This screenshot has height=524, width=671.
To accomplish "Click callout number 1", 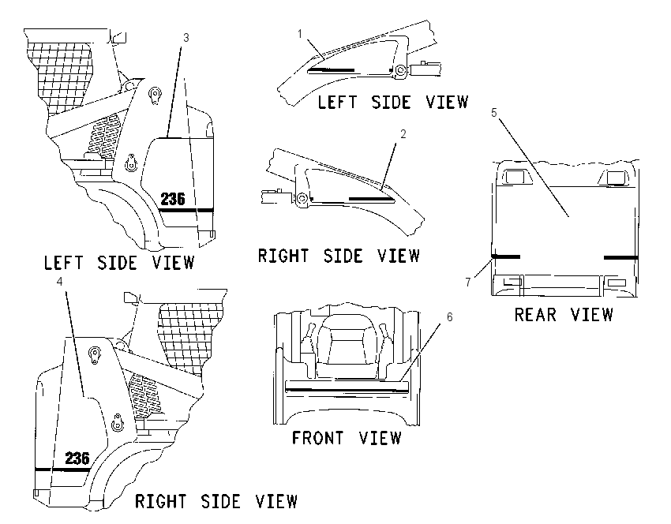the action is [x=300, y=33].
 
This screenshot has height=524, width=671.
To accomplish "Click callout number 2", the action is [x=403, y=134].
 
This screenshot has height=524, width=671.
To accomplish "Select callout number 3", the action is [x=186, y=38].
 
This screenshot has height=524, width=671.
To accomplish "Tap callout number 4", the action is [x=59, y=281].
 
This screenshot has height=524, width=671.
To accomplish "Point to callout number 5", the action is [x=494, y=113].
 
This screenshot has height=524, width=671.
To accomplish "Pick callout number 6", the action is [x=449, y=317].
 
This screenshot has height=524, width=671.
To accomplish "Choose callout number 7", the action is [x=468, y=282].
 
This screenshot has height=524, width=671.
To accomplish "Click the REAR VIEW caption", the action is [x=564, y=315].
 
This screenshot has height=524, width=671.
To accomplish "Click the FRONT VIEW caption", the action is [x=347, y=438].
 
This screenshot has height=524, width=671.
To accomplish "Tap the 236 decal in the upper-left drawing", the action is [x=173, y=199].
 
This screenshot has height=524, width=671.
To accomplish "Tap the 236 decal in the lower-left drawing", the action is [x=77, y=458].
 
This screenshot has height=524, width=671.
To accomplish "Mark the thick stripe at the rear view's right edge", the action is [x=621, y=257].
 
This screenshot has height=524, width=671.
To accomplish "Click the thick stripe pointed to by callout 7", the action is [x=506, y=256].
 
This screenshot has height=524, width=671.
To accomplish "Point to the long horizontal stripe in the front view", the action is [x=347, y=389].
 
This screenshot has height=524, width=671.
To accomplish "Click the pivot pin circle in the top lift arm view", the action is [x=400, y=69].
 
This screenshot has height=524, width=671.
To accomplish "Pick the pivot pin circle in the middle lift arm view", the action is [x=302, y=198].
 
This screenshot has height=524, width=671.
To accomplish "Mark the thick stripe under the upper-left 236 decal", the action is [x=186, y=211].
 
